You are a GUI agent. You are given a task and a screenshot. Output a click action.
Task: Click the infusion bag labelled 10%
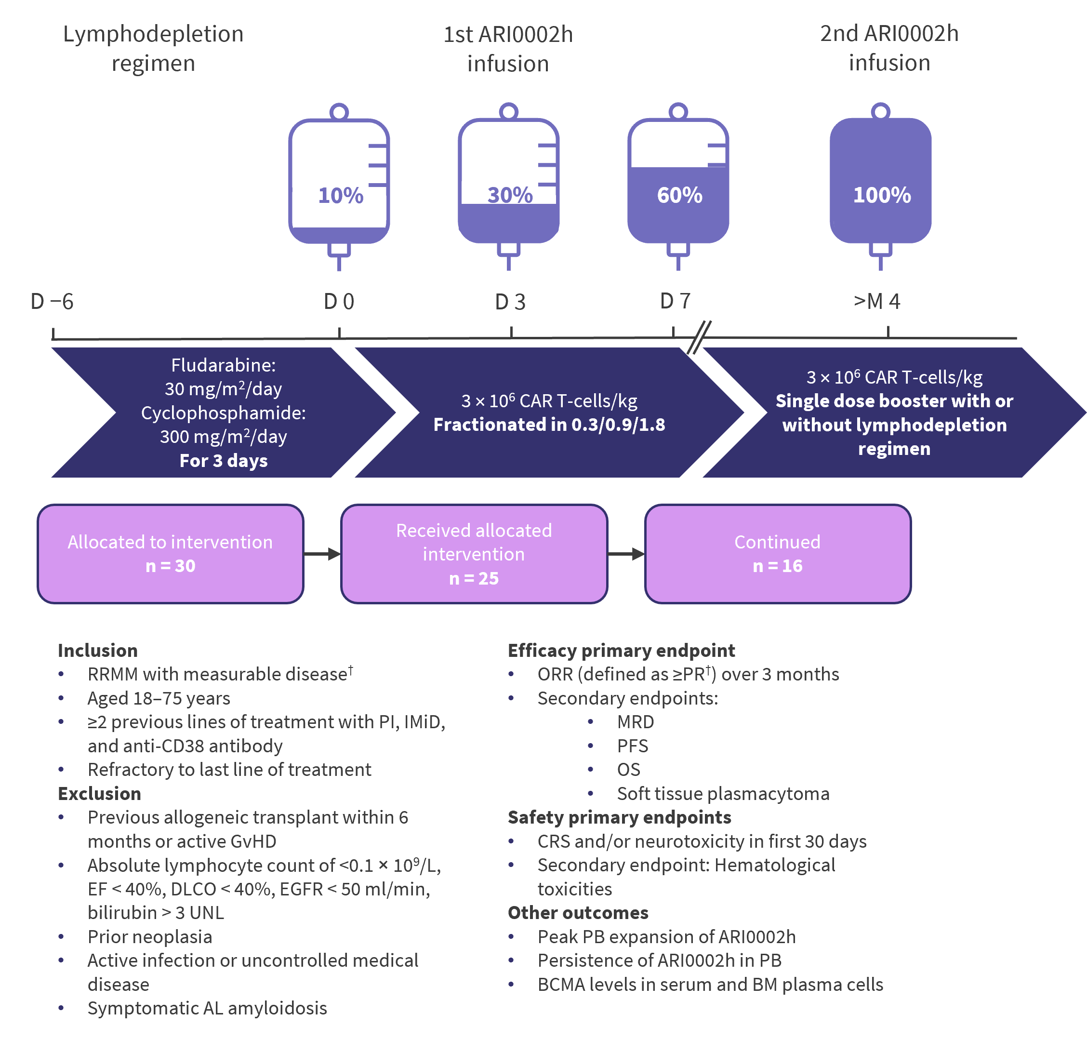point(339,183)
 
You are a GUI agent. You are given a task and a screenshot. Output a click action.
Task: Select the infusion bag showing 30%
point(509,183)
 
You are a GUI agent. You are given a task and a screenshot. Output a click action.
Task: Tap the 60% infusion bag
point(678,183)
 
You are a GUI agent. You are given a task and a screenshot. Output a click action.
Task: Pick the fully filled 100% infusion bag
point(880,183)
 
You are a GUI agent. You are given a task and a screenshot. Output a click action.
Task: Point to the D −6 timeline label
point(52,302)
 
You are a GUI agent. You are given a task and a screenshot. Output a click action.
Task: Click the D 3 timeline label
point(510,302)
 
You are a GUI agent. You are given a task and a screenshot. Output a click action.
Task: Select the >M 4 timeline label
point(877,302)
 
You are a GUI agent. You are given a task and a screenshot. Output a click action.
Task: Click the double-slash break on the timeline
point(699,336)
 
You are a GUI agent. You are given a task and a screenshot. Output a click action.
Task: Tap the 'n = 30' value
point(170,566)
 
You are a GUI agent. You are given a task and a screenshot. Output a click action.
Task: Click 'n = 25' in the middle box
point(474,579)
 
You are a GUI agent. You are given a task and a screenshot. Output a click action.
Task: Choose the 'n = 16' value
point(778,566)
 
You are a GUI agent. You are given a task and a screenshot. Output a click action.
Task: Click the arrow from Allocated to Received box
point(322,554)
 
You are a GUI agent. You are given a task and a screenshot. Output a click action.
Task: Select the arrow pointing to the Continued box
point(626,554)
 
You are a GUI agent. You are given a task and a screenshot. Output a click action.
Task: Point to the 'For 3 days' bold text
point(224,461)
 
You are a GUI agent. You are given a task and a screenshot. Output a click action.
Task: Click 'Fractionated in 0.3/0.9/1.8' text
point(549,425)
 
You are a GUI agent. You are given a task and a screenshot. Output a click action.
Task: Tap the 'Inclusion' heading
point(97,650)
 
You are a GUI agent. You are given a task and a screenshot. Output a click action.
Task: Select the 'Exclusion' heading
point(99,794)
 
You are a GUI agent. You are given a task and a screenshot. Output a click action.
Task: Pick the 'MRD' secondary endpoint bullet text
point(635,722)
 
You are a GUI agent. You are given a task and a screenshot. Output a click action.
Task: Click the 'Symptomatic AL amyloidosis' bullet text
point(207,1008)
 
